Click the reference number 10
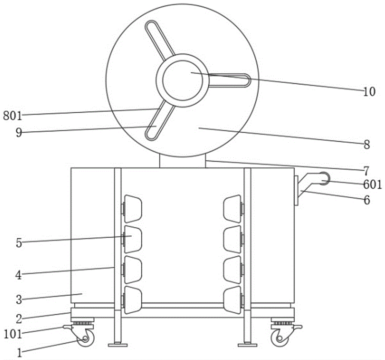pos(369,92)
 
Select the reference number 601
pos(372,185)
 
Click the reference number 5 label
pos(19,243)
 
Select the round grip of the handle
pos(325,178)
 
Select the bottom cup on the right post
pos(232,300)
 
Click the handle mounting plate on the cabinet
pos(296,190)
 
